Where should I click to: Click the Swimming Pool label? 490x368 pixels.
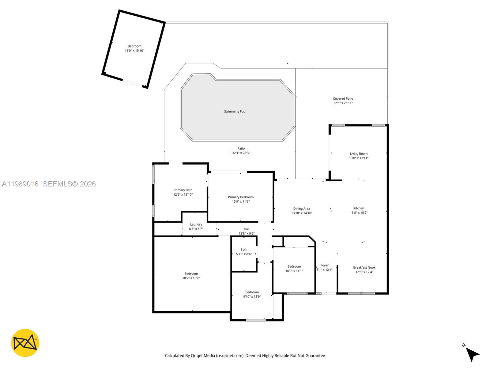(235, 111)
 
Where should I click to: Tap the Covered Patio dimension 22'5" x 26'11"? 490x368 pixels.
(343, 103)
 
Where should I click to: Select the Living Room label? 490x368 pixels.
(359, 154)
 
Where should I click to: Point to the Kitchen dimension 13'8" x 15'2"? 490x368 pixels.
(359, 213)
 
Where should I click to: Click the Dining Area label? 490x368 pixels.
(301, 209)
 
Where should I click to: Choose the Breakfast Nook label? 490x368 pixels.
(364, 267)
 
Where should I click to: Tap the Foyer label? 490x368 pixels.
(324, 265)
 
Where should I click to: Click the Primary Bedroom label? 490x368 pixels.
(241, 197)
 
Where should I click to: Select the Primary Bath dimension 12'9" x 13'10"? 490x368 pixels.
(183, 194)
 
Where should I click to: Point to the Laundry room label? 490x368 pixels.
(196, 224)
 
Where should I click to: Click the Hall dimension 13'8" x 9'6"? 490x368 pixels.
(247, 233)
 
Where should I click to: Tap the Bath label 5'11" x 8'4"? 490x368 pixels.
(244, 250)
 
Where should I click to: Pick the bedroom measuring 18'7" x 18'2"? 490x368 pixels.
(191, 276)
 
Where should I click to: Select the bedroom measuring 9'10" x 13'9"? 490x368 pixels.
(252, 294)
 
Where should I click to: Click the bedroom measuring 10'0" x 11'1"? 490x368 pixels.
(294, 269)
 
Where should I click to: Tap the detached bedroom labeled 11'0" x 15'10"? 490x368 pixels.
(134, 48)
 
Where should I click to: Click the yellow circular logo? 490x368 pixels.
(25, 343)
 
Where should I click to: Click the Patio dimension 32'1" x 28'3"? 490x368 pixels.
(241, 153)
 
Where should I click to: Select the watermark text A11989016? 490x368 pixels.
(20, 184)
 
